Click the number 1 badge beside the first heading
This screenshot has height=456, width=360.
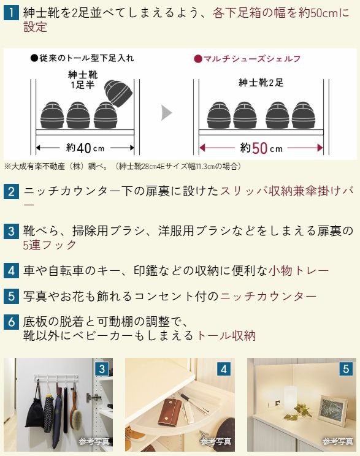tap(11, 13)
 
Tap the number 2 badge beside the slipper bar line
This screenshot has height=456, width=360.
tap(11, 192)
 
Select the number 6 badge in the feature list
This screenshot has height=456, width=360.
tap(11, 322)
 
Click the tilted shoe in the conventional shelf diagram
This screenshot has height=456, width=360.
tap(118, 94)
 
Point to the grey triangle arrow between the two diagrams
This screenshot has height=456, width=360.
tap(166, 113)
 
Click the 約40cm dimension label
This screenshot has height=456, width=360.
tap(85, 148)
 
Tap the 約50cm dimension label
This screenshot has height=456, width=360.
tap(261, 148)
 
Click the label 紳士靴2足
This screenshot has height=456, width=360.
tap(261, 83)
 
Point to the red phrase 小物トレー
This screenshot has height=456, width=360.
tap(299, 271)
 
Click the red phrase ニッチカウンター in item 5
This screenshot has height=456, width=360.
tap(269, 297)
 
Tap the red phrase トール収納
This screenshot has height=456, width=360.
tap(226, 336)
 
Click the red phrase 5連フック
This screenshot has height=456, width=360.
tap(50, 245)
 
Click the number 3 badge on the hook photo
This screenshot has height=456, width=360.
tap(102, 369)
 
